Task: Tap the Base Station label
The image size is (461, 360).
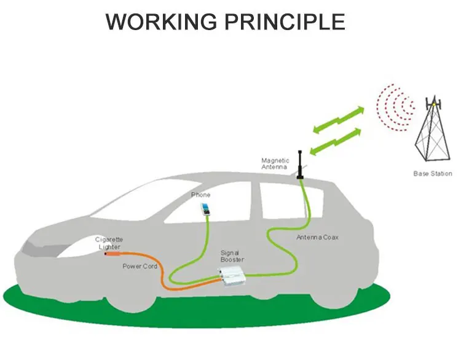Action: point(432,174)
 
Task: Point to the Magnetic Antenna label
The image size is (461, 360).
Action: point(275,163)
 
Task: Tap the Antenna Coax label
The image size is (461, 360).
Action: point(317,237)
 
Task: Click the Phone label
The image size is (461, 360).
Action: point(200,195)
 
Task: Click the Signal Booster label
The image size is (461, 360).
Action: point(232,256)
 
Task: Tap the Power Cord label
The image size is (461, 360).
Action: point(140,266)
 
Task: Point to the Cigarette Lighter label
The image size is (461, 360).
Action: point(109,242)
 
